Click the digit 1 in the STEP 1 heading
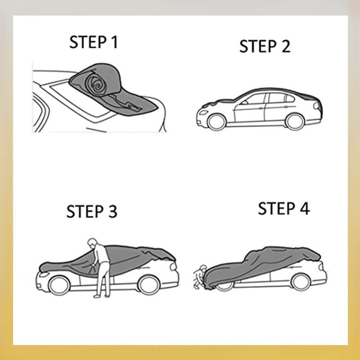click(114, 42)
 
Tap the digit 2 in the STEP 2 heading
click(286, 46)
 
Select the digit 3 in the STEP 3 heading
click(112, 212)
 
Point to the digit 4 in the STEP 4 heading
click(305, 208)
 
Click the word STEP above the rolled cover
click(88, 42)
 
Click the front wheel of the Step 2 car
click(216, 122)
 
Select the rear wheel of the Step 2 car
click(295, 121)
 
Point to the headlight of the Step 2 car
click(204, 113)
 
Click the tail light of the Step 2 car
click(316, 106)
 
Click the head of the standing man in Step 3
click(92, 242)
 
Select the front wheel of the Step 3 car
click(59, 286)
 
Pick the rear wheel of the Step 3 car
click(149, 285)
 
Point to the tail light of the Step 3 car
click(173, 266)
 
